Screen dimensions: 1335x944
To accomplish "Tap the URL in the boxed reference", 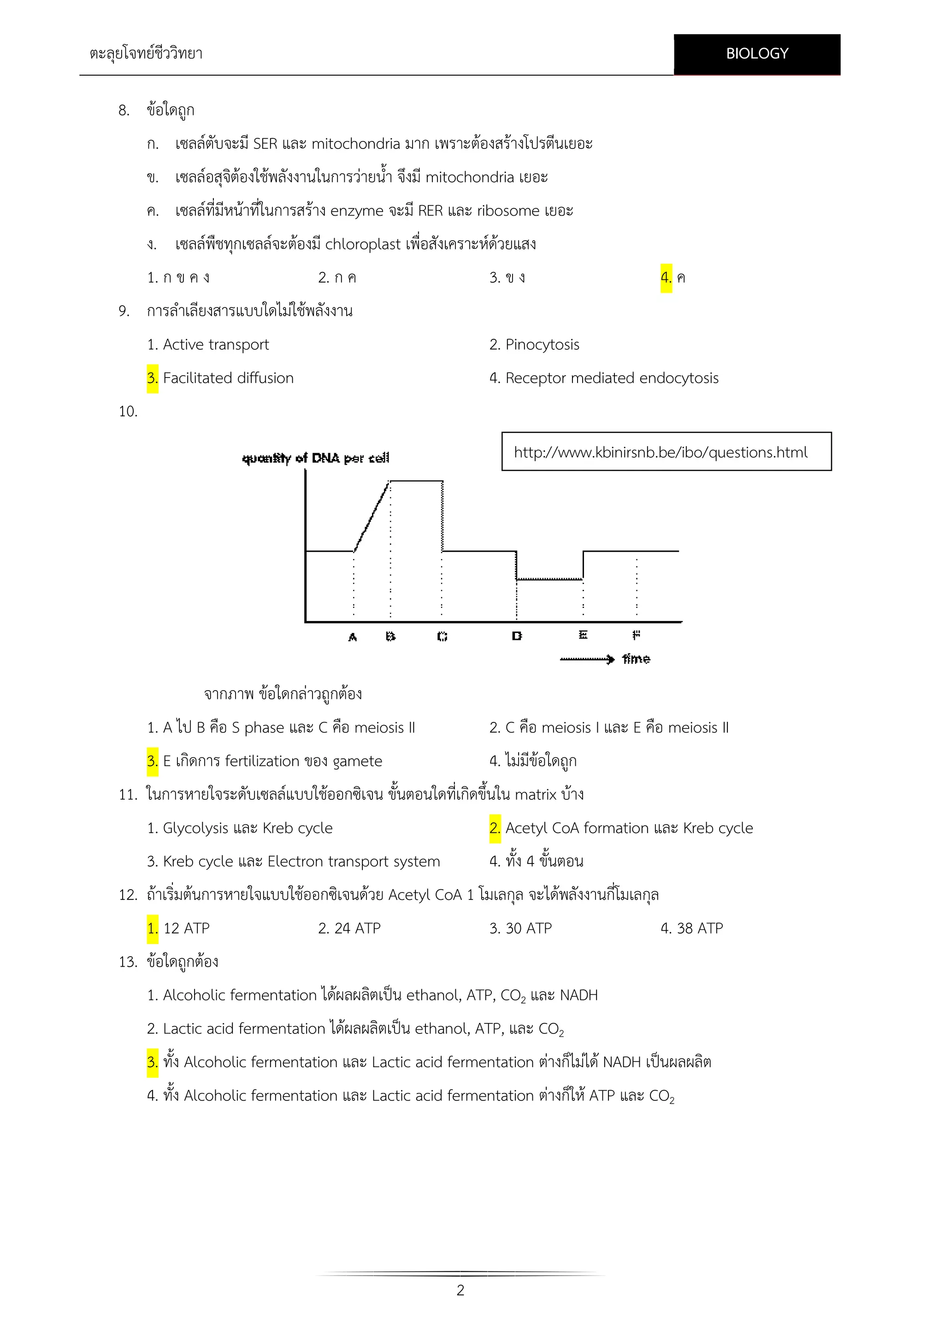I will tap(661, 452).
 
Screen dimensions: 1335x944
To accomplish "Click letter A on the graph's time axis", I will tap(352, 637).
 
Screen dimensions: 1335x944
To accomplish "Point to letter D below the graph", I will tap(517, 636).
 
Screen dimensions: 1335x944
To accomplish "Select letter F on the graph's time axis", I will tap(637, 634).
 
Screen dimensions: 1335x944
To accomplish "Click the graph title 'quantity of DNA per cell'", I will tap(316, 458).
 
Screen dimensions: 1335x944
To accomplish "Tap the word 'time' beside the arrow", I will tap(636, 659).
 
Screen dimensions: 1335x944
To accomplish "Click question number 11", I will tap(127, 794).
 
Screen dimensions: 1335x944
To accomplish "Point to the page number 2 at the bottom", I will tap(460, 1290).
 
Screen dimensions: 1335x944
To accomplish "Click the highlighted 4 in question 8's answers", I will tap(666, 278).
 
